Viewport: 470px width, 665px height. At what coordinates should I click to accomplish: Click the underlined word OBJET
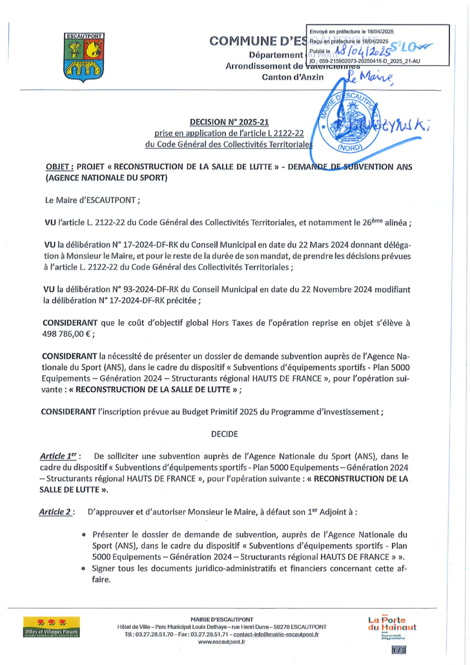pos(58,167)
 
